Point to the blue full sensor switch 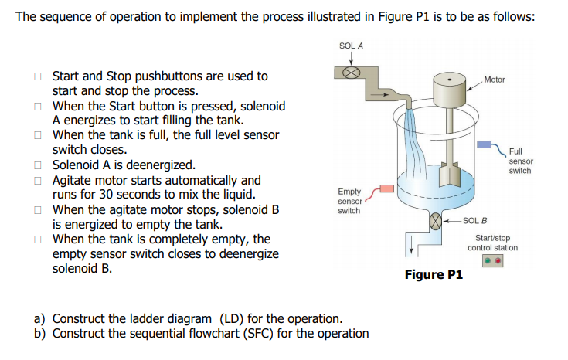484,144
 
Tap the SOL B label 474,221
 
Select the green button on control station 487,261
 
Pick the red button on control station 498,261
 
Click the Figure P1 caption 433,275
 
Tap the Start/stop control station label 492,243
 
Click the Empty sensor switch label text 349,201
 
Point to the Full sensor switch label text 519,161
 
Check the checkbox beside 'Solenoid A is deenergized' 37,165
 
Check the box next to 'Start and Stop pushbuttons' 37,76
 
